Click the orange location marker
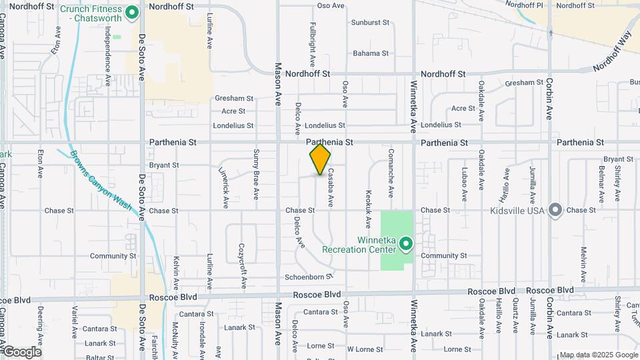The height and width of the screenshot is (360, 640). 320,159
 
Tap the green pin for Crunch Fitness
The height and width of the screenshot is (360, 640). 132,12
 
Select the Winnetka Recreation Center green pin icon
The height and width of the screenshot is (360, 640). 405,244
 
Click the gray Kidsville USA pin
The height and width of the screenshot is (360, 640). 555,210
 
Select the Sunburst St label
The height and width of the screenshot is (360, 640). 370,22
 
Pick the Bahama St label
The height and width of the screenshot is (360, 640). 371,53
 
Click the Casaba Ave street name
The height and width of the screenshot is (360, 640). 330,192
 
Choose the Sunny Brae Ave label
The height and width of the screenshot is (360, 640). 256,175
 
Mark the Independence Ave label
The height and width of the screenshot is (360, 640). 107,57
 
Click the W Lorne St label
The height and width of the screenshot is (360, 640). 365,349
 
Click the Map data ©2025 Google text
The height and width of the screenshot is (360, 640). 599,355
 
